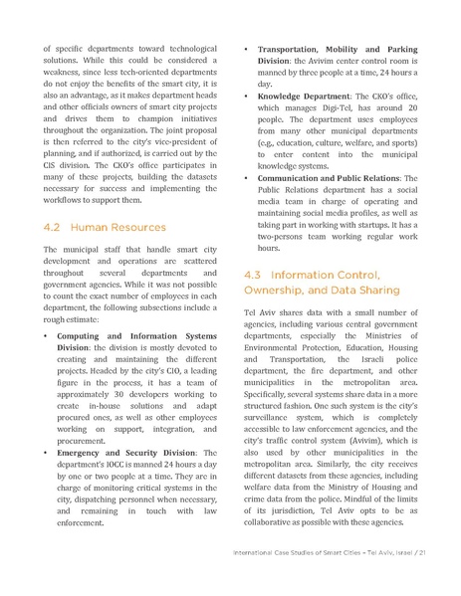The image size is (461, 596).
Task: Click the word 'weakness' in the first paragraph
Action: click(67, 75)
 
